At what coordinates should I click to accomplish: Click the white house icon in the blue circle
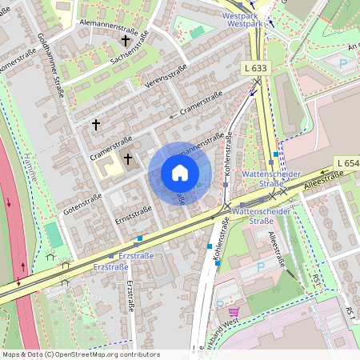click(180, 173)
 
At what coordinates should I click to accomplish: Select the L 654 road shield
click(346, 163)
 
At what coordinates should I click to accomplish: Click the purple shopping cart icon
click(234, 312)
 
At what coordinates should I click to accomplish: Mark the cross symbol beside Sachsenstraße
click(125, 39)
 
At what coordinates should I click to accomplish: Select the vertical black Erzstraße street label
click(129, 299)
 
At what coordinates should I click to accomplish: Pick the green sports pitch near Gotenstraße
click(53, 234)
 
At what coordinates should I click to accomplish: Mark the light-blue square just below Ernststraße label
click(140, 238)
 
